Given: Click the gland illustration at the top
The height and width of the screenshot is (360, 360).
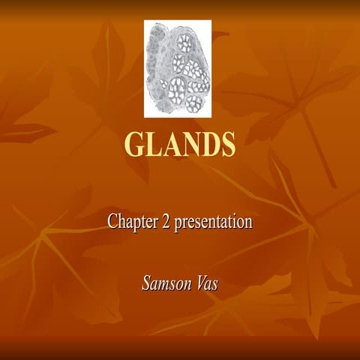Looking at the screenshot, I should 178,69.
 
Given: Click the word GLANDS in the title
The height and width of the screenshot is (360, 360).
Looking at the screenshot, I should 179,144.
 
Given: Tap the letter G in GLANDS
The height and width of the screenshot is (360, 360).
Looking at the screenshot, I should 135,144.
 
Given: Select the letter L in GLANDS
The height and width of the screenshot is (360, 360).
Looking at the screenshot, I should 154,144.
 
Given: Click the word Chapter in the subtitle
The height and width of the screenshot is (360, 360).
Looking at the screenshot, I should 131,222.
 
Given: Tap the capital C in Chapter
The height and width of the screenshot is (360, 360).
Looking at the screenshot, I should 112,222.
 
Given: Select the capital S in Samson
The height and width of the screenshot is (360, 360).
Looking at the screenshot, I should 146,283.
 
